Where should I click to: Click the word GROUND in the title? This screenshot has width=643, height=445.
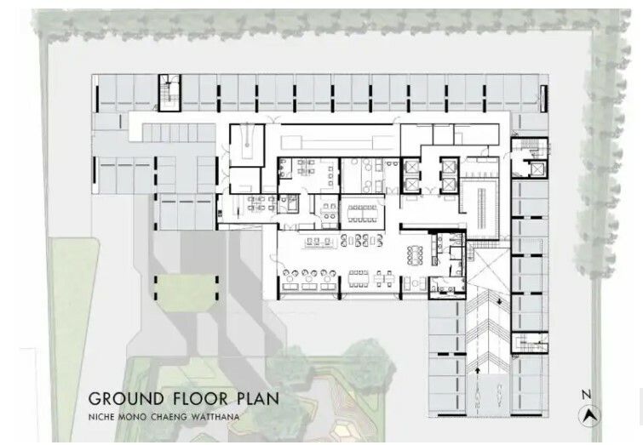126,398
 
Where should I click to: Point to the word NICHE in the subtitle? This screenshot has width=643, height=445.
100,418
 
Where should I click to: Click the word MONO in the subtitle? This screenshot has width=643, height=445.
132,418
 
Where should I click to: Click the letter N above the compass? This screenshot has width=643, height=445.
587,395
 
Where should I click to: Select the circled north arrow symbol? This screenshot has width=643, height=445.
589,416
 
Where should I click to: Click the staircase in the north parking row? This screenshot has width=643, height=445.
169,93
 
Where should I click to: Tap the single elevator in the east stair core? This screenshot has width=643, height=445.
537,168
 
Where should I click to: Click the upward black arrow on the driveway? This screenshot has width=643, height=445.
478,370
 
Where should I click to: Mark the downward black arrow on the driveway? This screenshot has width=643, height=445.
499,302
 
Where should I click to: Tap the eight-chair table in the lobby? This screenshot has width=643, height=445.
415,255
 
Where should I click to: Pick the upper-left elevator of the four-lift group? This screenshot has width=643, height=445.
410,167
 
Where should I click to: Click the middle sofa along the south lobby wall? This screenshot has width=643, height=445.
309,287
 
